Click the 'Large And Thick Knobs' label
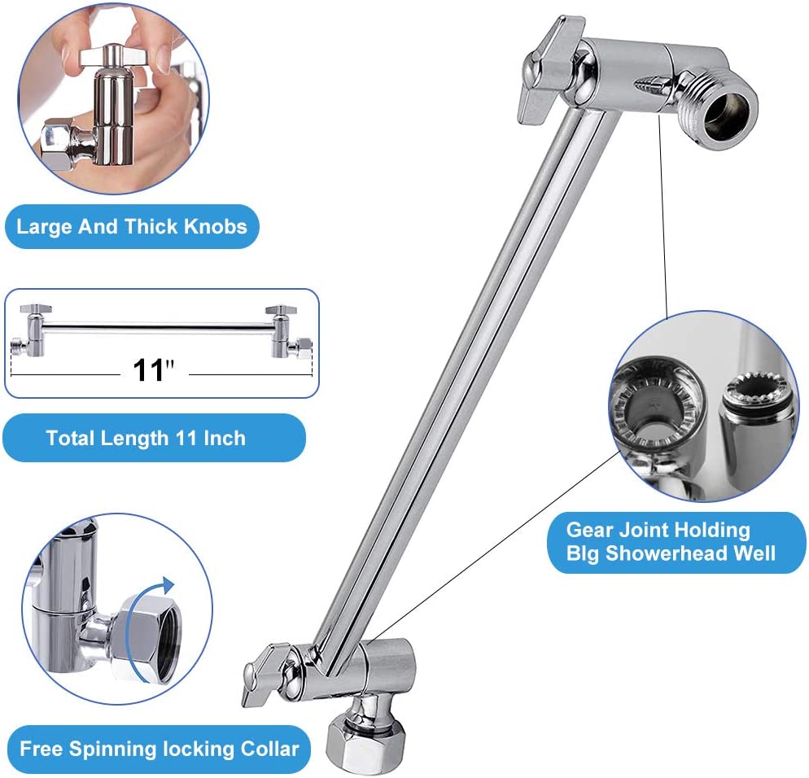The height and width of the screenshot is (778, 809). click(132, 225)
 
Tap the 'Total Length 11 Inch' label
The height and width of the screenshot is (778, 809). click(146, 438)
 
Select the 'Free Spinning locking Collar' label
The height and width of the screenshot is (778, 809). click(160, 748)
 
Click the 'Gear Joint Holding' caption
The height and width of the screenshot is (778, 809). click(658, 530)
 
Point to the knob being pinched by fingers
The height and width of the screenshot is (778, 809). click(114, 57)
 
